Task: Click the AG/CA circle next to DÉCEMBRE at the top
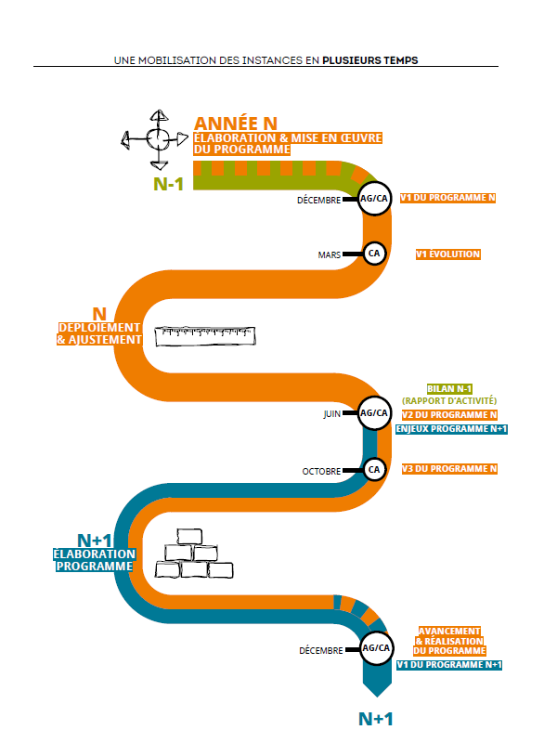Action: tap(374, 198)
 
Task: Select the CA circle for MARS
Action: tap(374, 254)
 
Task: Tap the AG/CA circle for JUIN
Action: tap(374, 413)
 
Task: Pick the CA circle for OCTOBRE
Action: tap(374, 470)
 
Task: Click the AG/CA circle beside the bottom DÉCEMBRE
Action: tap(376, 648)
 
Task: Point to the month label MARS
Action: tap(330, 255)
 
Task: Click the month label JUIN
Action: tap(332, 414)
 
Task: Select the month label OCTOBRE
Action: tap(321, 472)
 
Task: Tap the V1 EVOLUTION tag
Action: tap(448, 254)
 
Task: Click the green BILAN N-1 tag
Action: tap(449, 388)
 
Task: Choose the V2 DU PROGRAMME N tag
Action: tap(449, 414)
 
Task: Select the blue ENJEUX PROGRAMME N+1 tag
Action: tap(451, 429)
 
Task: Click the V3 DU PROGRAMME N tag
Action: tap(449, 469)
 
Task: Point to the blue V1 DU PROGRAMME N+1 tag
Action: tap(449, 665)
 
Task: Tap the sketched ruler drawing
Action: tap(205, 336)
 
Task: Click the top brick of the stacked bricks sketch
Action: tap(189, 536)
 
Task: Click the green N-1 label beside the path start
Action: tap(168, 184)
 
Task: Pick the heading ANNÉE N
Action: tap(236, 124)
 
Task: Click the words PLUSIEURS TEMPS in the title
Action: tap(370, 60)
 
